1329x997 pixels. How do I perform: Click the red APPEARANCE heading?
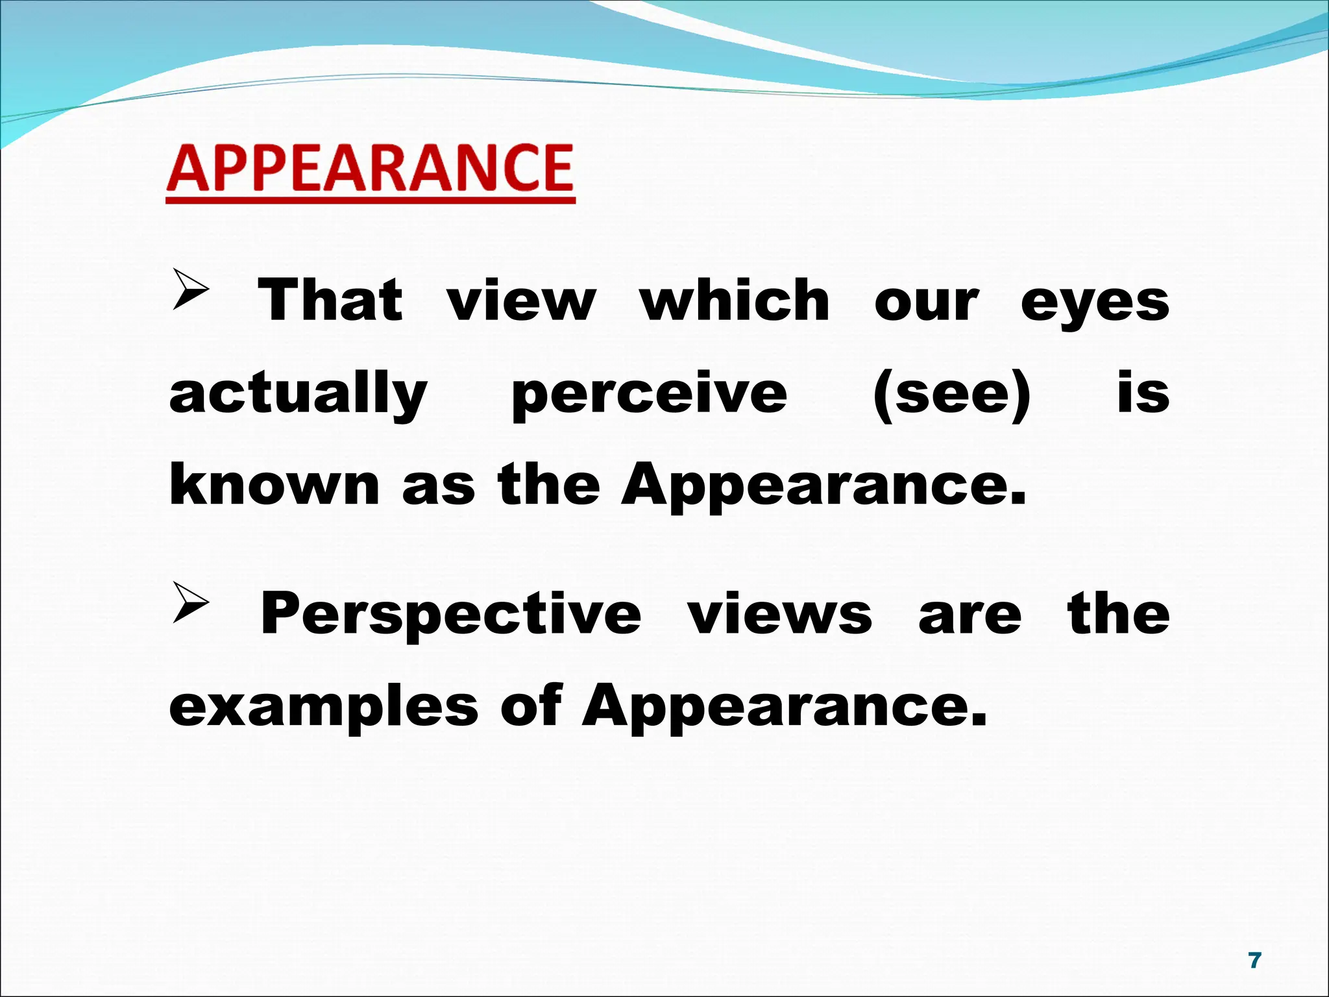371,169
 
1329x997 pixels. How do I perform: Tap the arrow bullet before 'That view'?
191,289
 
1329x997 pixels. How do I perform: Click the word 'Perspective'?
451,615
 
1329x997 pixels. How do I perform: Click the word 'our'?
926,302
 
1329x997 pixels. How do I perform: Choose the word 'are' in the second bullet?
969,615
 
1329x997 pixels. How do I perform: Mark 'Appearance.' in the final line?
785,708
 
